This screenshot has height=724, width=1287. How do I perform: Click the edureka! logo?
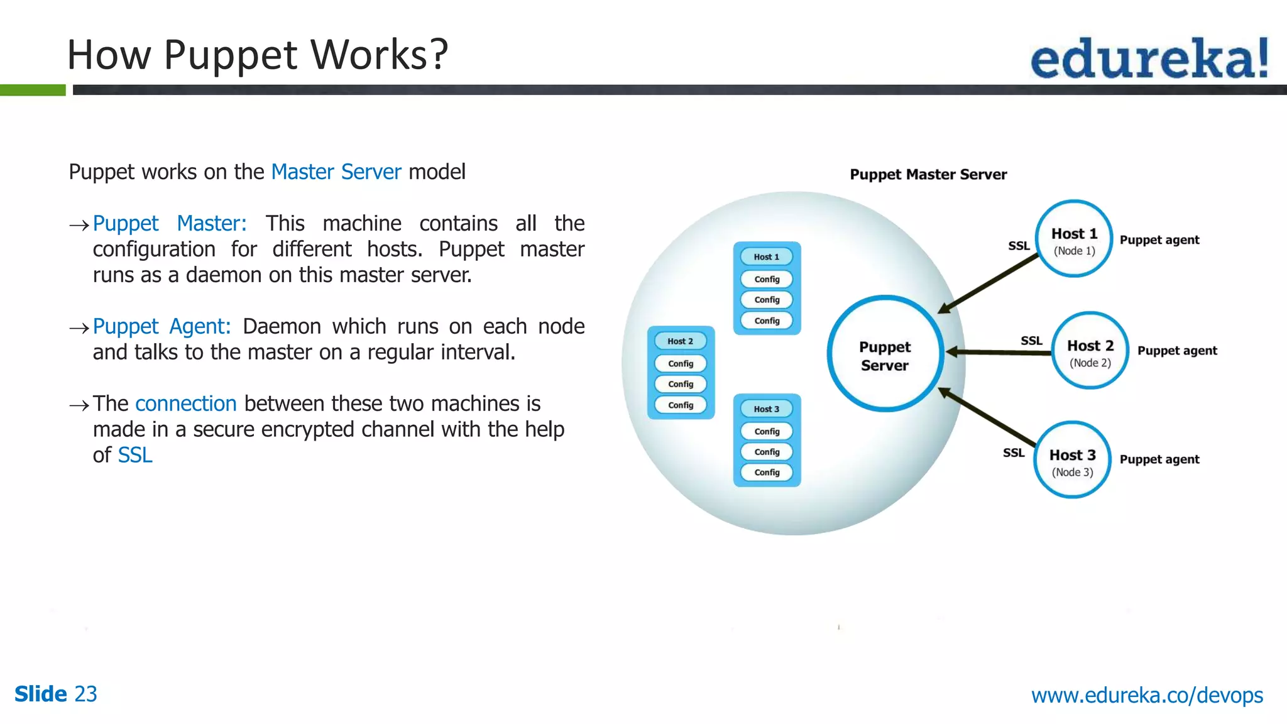[x=1149, y=58]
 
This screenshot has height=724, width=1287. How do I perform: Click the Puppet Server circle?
[x=885, y=354]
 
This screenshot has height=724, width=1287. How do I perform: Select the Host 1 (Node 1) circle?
[x=1074, y=239]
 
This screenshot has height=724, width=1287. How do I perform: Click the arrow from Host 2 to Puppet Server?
[x=999, y=352]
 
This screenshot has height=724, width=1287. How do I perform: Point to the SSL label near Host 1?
[x=1019, y=246]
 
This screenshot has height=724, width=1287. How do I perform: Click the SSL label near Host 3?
[x=1013, y=452]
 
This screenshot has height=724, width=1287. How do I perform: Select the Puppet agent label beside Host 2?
[x=1176, y=351]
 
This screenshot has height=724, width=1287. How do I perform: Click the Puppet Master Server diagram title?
[x=928, y=175]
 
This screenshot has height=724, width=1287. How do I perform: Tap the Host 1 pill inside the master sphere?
[x=766, y=257]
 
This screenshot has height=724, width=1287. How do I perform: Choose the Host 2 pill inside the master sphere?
[x=680, y=341]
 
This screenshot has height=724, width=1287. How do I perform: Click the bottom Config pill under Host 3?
[x=767, y=473]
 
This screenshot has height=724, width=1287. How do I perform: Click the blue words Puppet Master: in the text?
[x=170, y=224]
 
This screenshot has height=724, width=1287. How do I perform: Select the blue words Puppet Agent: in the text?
[x=162, y=327]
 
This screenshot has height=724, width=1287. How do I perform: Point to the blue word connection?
[x=185, y=403]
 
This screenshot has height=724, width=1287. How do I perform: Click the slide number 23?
[x=85, y=694]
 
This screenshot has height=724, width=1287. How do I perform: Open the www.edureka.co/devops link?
[x=1147, y=695]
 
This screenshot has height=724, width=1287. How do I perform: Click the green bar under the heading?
[x=33, y=90]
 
